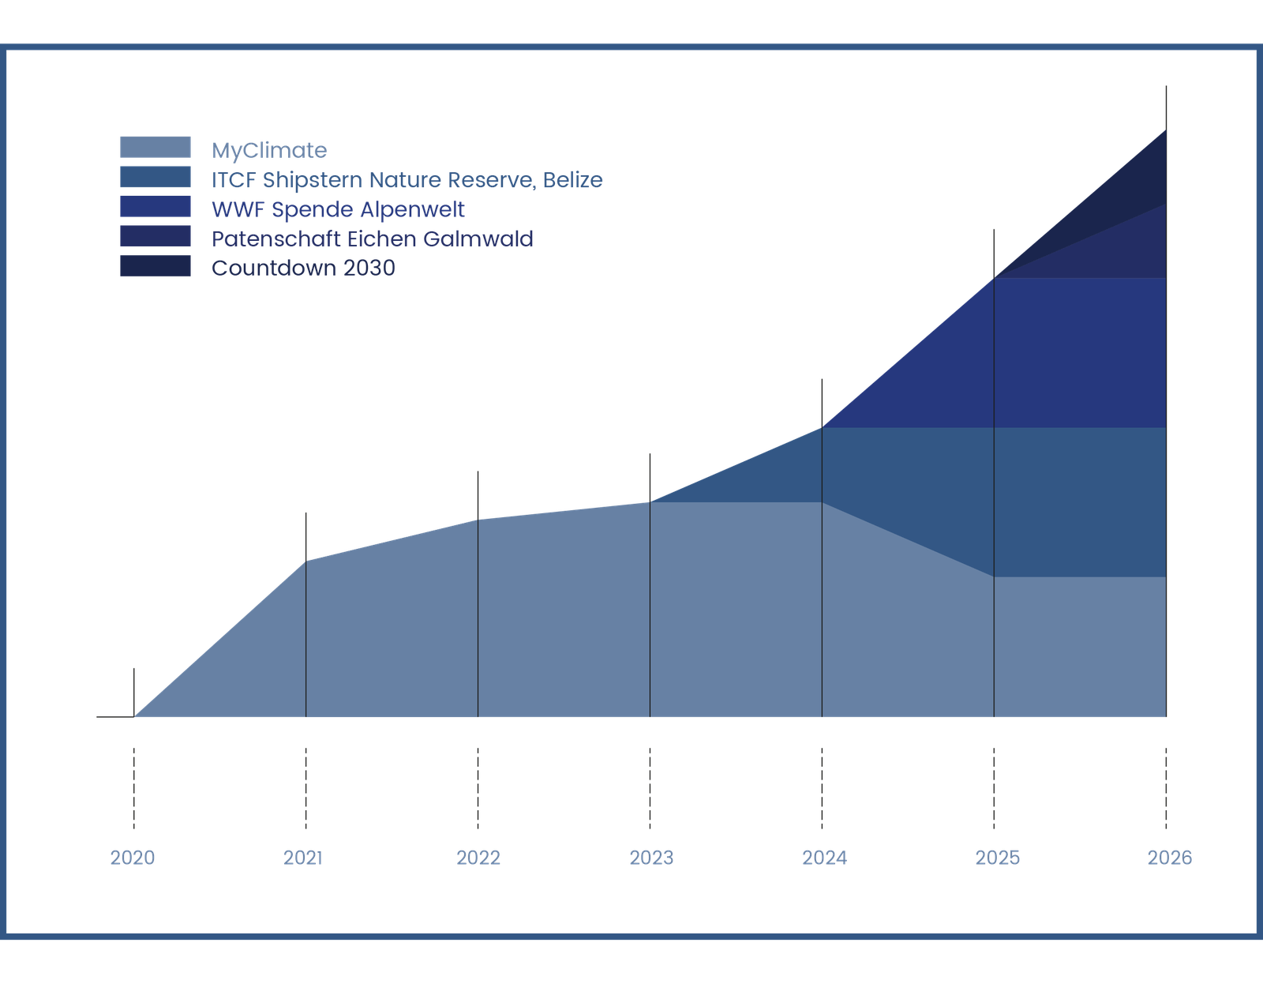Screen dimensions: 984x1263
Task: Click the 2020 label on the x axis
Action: [133, 858]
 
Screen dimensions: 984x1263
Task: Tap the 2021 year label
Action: [304, 858]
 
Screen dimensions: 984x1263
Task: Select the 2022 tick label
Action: [478, 858]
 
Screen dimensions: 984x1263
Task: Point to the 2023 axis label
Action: [650, 858]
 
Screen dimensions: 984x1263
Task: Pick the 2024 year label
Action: [823, 858]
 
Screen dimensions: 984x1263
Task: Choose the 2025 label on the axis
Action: [996, 858]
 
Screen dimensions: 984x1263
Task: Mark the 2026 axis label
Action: [1169, 858]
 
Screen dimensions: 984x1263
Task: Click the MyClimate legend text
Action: [269, 150]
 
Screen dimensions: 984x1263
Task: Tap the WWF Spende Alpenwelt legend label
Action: [338, 209]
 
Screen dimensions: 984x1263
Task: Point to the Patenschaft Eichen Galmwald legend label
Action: [373, 238]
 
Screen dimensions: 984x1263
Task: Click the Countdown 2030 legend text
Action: [303, 268]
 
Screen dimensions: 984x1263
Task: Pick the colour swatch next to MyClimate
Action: [156, 147]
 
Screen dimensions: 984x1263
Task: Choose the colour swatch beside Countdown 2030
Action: [156, 266]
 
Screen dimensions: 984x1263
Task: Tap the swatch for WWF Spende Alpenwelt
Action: [156, 207]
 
